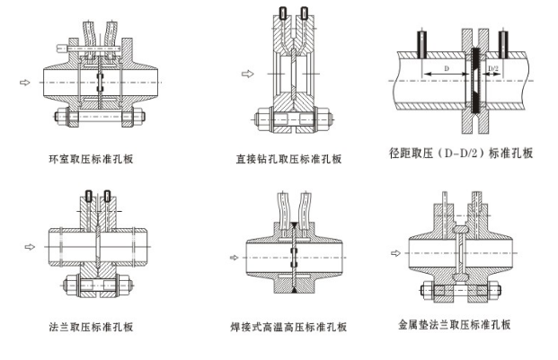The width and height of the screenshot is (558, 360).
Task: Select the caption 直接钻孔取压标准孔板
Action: click(288, 160)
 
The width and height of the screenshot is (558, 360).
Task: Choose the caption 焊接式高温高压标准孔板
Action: click(288, 327)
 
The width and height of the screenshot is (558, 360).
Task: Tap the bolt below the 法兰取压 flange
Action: click(96, 286)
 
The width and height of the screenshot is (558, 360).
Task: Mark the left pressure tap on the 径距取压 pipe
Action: click(422, 41)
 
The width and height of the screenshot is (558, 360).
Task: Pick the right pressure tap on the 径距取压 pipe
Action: click(505, 40)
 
